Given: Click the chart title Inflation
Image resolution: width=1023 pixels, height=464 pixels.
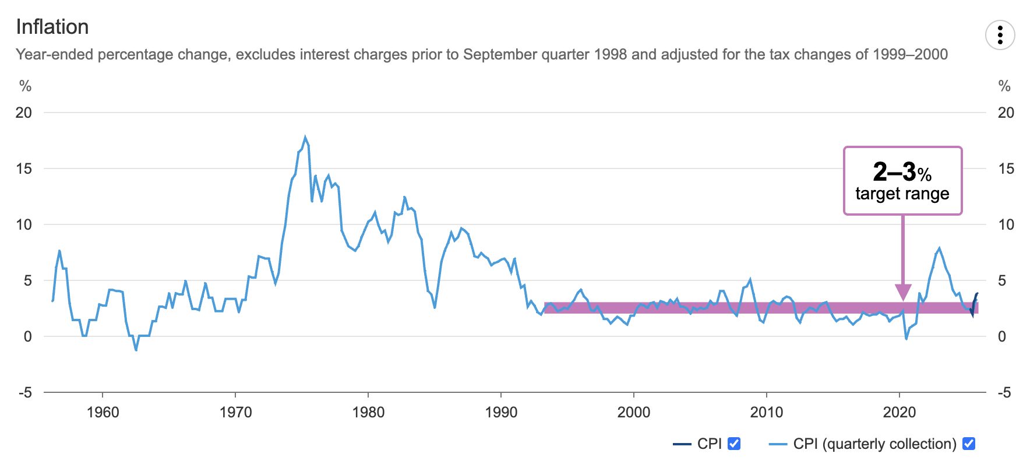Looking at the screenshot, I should tap(52, 27).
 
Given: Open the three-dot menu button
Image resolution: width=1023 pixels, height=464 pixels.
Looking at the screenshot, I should tap(1000, 35).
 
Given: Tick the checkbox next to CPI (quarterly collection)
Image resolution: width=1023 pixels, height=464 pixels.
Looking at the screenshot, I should tap(969, 444).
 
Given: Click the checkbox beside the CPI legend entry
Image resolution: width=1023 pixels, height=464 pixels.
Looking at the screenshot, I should tap(734, 444).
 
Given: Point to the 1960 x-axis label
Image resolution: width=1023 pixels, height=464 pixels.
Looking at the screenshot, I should tap(103, 413).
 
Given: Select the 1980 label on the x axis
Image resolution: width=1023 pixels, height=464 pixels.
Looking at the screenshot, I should tap(368, 413).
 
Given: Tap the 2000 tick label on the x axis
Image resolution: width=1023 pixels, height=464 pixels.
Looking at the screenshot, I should tap(634, 413).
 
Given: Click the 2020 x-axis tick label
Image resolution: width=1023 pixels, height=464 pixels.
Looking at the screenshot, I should tap(899, 413).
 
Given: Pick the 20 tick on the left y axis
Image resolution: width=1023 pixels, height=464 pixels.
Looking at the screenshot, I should tap(24, 113).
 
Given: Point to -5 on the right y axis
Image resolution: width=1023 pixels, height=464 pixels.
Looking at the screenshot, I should tap(1004, 393).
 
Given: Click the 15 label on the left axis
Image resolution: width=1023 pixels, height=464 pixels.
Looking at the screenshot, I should tap(24, 168).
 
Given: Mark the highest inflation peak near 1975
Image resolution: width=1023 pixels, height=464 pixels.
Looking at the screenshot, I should tap(305, 138).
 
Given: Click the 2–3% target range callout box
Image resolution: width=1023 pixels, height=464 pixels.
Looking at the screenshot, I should tap(902, 181).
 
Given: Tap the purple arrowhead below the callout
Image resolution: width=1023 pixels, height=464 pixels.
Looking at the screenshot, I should tap(903, 292).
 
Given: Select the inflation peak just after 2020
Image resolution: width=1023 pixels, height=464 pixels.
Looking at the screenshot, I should tap(939, 248).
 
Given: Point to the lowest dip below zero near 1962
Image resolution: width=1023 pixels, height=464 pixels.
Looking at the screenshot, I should tap(136, 350).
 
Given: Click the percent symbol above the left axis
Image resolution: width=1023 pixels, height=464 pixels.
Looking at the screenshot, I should tap(25, 86).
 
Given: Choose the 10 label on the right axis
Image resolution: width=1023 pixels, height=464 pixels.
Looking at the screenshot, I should tap(1006, 224).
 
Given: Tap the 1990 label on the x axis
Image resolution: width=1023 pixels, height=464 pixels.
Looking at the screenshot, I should tap(501, 413).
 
